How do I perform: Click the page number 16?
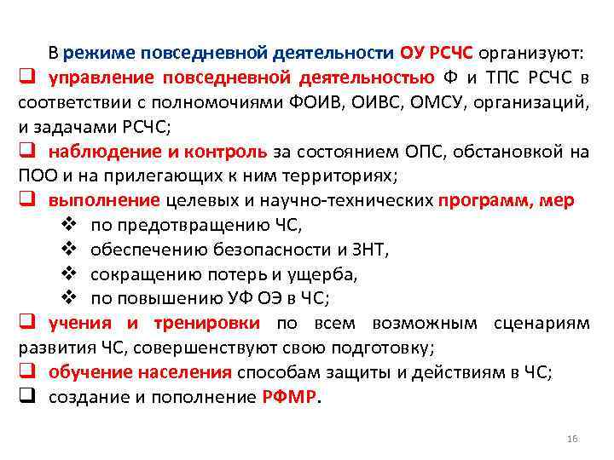pyautogui.click(x=571, y=438)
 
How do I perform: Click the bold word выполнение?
pyautogui.click(x=104, y=202)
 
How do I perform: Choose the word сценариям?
pyautogui.click(x=542, y=324)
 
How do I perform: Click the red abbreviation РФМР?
pyautogui.click(x=289, y=398)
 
